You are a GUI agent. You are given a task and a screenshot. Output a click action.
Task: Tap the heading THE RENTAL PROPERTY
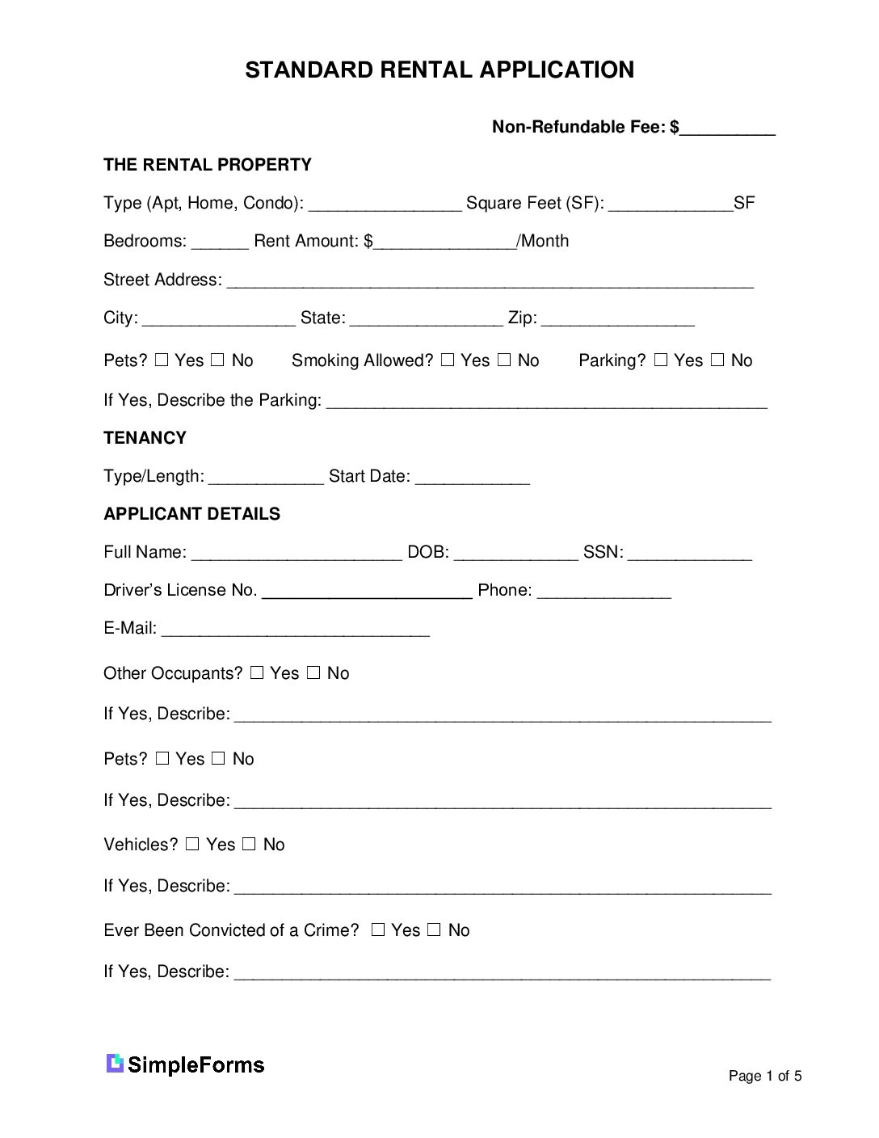click(x=208, y=165)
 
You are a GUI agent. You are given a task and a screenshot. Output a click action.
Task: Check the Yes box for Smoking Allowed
click(x=448, y=360)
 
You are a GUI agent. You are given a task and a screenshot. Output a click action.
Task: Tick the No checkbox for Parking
click(x=717, y=360)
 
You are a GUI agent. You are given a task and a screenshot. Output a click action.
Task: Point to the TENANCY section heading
click(x=145, y=438)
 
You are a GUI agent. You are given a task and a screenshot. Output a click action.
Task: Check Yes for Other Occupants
click(x=257, y=672)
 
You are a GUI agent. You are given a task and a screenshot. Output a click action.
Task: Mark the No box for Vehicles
click(x=249, y=844)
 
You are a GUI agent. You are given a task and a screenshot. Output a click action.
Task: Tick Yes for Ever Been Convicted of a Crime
click(x=378, y=929)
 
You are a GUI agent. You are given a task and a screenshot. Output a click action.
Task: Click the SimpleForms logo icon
click(x=115, y=1064)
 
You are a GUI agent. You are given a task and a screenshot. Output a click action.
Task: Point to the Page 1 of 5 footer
click(x=764, y=1076)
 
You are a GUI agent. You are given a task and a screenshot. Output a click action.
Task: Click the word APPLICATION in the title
click(x=557, y=70)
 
